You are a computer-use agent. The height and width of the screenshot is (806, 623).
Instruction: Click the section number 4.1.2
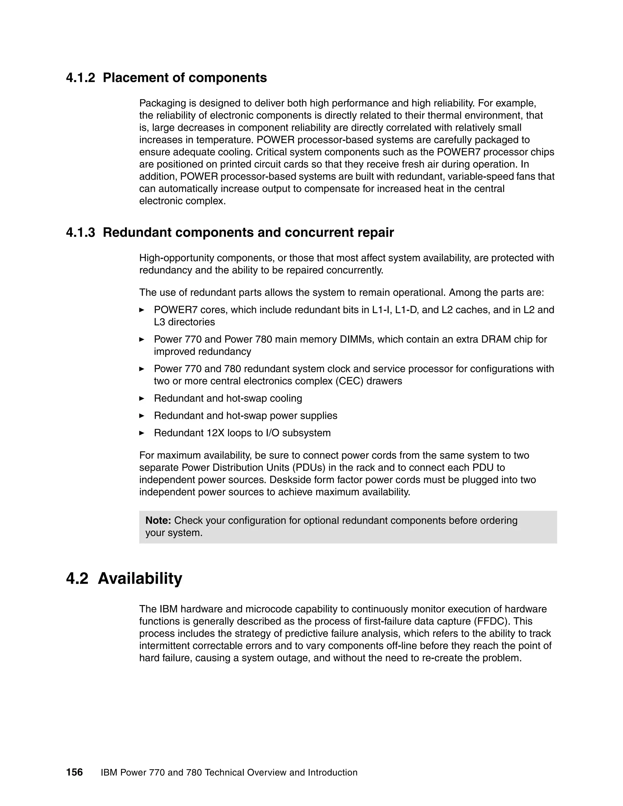80,78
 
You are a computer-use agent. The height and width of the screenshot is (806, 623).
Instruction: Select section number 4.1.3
80,232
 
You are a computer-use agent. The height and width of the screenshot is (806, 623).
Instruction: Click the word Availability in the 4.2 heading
140,578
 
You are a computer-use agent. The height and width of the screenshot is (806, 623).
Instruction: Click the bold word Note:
158,520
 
